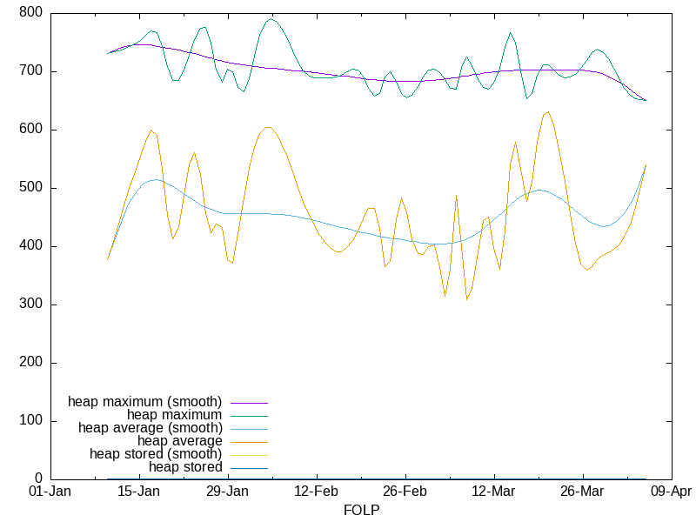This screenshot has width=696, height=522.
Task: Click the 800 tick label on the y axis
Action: coord(30,13)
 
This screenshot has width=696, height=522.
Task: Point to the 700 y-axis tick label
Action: coord(30,71)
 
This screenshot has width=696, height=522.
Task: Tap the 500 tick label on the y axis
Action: coord(30,188)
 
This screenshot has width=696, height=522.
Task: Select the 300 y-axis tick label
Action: coord(30,304)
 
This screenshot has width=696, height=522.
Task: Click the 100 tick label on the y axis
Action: coord(30,421)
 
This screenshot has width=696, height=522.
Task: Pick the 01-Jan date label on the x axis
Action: coord(50,492)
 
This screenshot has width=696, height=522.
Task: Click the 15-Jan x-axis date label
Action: coord(138,492)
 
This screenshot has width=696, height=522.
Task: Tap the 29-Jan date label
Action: coord(227,492)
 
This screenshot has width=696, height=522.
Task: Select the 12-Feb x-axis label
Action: coord(316,492)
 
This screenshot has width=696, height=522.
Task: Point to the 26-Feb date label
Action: coord(405,492)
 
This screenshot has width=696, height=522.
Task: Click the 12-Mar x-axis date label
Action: coord(493,492)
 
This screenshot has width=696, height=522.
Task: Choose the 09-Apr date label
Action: coord(671,492)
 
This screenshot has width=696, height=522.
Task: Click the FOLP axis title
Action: coord(361,510)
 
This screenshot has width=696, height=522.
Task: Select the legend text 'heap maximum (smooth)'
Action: coord(145,402)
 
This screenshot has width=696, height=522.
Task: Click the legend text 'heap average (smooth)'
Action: coord(151,428)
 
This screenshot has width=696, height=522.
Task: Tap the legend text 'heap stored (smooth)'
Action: coord(156,454)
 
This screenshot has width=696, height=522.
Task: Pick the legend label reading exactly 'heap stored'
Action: coord(185,467)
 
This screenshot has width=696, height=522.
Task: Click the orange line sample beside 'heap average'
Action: coord(248,442)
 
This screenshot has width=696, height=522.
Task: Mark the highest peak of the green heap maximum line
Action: coord(271,18)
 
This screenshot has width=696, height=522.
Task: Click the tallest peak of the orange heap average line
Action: coord(547,111)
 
